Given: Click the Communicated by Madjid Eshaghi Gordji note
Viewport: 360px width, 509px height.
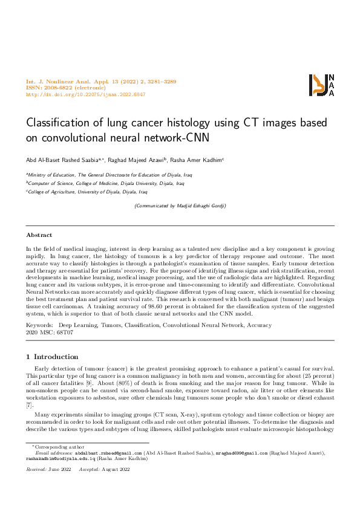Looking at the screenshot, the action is coord(180,206).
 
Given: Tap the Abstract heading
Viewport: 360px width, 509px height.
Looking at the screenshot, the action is coord(39,235).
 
